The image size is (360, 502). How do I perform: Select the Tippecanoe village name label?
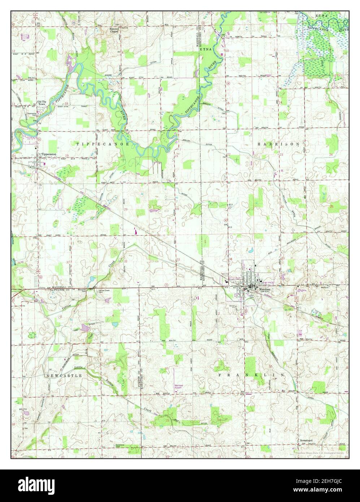pos(49,154)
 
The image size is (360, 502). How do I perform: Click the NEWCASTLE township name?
pos(64,376)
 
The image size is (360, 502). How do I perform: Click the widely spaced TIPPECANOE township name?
pos(97,144)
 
